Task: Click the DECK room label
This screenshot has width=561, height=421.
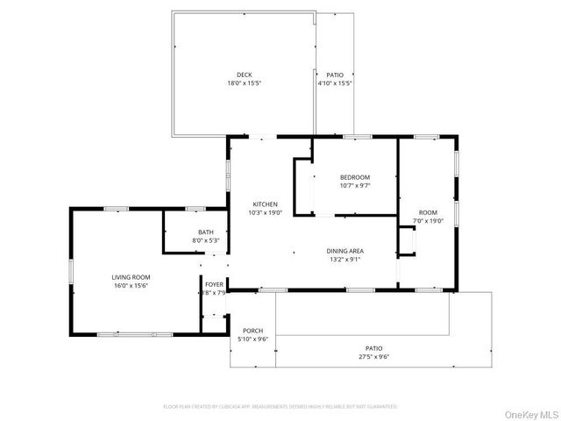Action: coord(244,75)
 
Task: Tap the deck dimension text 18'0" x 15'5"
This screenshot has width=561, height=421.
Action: coord(244,83)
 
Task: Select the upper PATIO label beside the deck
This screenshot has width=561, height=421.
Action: coord(334,75)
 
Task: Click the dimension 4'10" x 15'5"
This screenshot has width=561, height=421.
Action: coord(334,83)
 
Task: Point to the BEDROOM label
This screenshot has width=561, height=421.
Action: coord(355,177)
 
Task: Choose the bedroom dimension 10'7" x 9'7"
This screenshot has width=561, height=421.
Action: coord(355,186)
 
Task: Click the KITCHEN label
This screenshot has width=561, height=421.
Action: coord(266,203)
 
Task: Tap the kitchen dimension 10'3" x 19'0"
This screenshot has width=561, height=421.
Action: coord(266,212)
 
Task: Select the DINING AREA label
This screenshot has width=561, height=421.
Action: coord(344,251)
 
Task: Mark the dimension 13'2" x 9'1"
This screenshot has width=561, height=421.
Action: coord(344,260)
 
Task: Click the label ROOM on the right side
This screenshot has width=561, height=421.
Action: coord(428,212)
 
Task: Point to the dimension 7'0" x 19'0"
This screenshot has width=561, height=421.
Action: coord(428,221)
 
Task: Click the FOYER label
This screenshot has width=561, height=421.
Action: coord(215,285)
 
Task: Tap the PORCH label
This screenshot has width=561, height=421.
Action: coord(252,330)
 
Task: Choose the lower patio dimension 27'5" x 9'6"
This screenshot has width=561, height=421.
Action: coord(373,357)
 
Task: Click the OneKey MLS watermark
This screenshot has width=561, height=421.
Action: coord(528,413)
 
